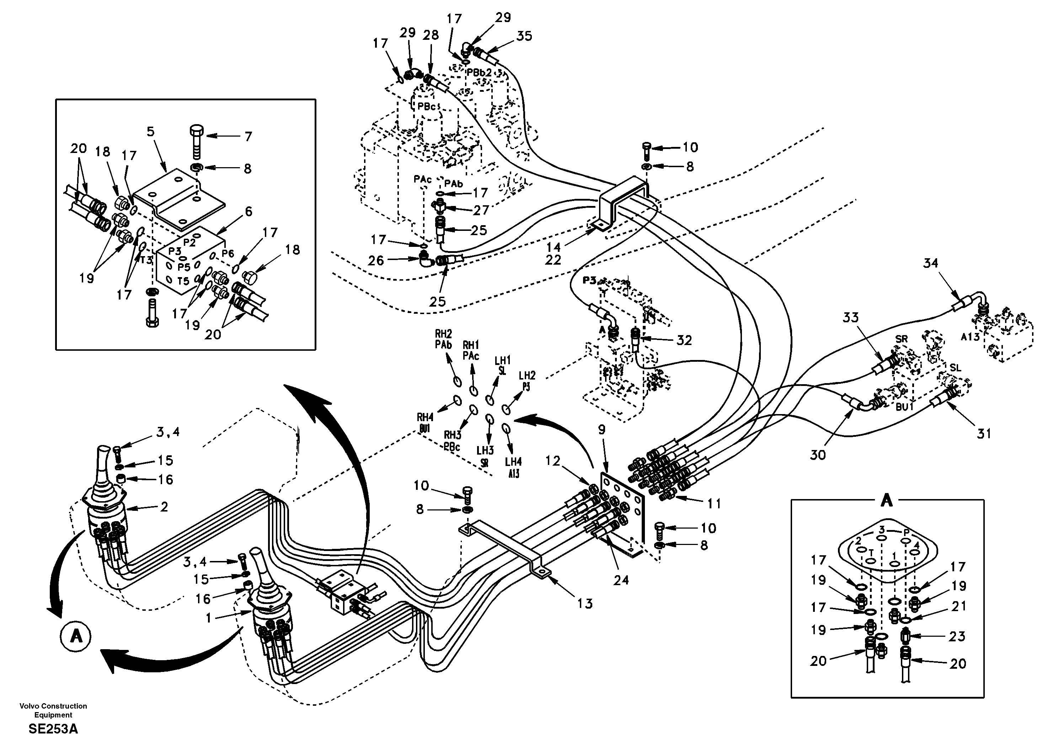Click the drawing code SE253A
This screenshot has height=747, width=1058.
point(53,730)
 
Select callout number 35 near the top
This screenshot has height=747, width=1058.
point(524,36)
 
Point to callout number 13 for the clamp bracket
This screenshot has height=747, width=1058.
point(585,603)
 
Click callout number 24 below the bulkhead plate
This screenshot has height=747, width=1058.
point(621,580)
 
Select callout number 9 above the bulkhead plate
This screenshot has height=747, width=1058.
point(602,430)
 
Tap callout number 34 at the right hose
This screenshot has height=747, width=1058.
point(930,263)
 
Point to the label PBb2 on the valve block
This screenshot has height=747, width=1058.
point(479,73)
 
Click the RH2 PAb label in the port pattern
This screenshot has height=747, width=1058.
point(443,339)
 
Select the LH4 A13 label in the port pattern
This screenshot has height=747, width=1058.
point(513,467)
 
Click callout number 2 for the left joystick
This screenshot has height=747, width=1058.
point(164,507)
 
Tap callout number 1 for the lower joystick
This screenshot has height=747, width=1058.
point(209,618)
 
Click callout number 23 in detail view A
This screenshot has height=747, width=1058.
point(957,636)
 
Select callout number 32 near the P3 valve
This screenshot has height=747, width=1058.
point(684,340)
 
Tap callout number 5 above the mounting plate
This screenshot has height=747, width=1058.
point(151,132)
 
